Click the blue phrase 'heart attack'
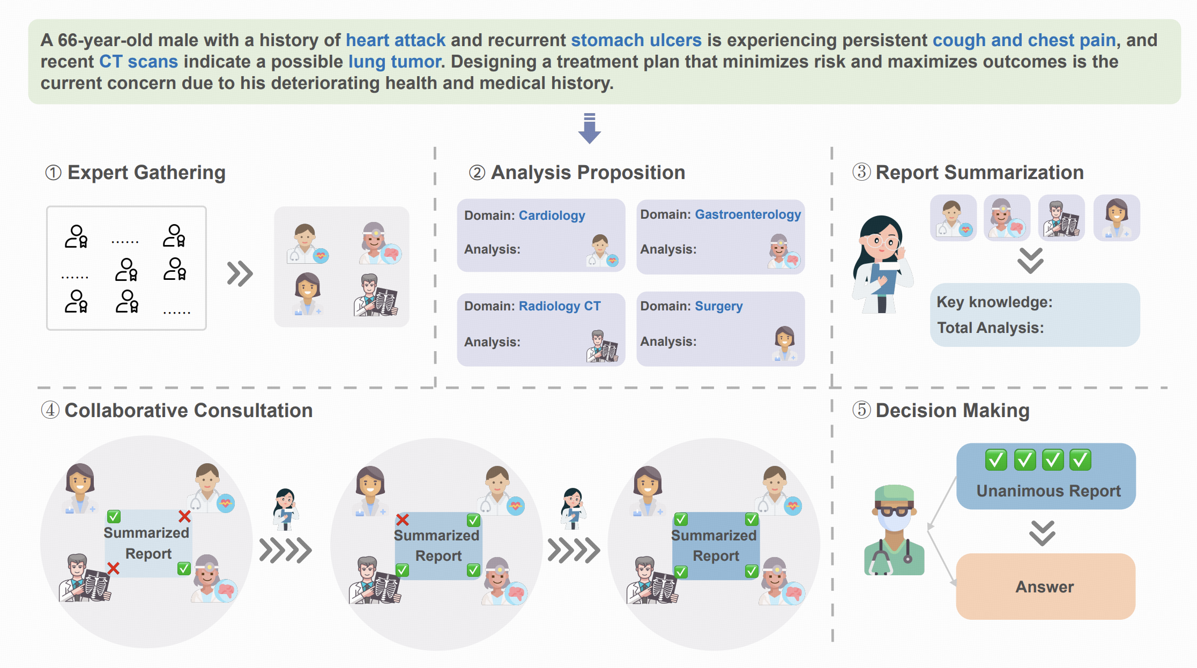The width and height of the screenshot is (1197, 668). (395, 40)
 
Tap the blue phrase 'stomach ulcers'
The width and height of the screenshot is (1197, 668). (636, 40)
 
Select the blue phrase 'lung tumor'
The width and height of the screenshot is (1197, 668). (395, 62)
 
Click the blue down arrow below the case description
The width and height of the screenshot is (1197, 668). (589, 129)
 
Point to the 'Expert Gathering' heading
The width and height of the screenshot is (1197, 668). (146, 173)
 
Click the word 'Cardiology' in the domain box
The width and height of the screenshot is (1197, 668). (552, 216)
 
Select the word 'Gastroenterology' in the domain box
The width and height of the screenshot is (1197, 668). (748, 214)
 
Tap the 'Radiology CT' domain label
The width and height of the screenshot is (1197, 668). (559, 306)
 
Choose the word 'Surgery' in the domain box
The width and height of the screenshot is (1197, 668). (718, 306)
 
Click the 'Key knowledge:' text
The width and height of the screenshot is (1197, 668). (994, 302)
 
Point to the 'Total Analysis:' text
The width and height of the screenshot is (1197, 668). (990, 328)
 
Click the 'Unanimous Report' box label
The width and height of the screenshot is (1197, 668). (1048, 491)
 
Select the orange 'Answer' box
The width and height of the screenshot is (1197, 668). (1045, 587)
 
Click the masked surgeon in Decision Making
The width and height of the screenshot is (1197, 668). (893, 530)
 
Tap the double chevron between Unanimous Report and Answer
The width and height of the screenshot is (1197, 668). (1042, 533)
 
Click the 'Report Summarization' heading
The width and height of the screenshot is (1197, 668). (979, 173)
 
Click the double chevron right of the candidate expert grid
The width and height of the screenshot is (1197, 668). (240, 273)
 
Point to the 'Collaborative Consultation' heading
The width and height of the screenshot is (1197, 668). (188, 411)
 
